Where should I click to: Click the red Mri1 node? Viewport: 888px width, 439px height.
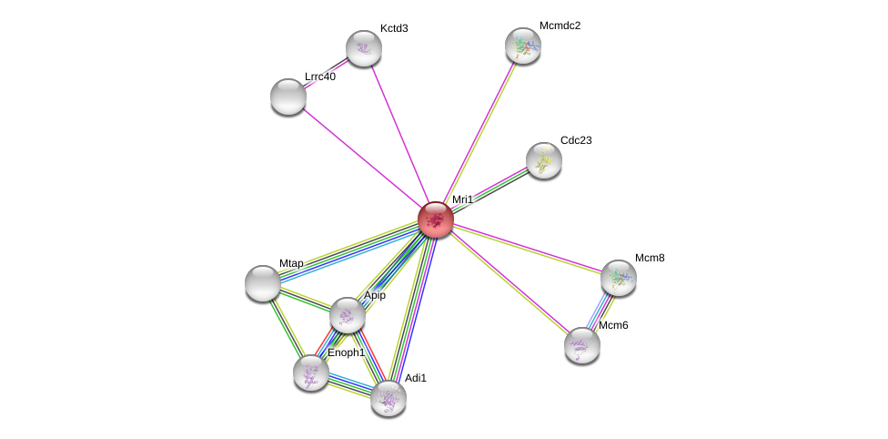click(x=436, y=219)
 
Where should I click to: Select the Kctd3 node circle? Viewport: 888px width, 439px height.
click(x=364, y=48)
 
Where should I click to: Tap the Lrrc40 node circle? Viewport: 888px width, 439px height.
click(x=288, y=97)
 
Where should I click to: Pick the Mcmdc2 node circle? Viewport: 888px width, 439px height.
click(x=523, y=46)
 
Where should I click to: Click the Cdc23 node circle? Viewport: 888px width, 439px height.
click(x=544, y=160)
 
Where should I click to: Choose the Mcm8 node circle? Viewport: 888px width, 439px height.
click(x=619, y=278)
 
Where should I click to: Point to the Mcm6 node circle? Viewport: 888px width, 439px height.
click(x=582, y=345)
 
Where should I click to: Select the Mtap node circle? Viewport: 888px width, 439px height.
click(x=263, y=283)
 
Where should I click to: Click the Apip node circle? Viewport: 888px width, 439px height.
click(x=348, y=315)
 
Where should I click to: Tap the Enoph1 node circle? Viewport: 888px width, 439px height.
click(x=311, y=373)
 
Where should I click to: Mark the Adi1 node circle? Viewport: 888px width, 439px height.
click(x=388, y=398)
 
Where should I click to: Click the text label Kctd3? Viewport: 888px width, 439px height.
click(x=394, y=28)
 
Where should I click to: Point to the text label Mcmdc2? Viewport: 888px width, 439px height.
click(x=560, y=26)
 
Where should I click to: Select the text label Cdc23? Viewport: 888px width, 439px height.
click(x=576, y=140)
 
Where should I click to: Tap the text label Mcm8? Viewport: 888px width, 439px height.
click(x=650, y=258)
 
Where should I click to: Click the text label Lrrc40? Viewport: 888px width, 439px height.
click(x=320, y=77)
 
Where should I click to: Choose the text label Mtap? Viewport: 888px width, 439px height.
click(x=291, y=263)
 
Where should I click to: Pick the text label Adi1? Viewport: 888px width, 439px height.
click(x=416, y=378)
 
